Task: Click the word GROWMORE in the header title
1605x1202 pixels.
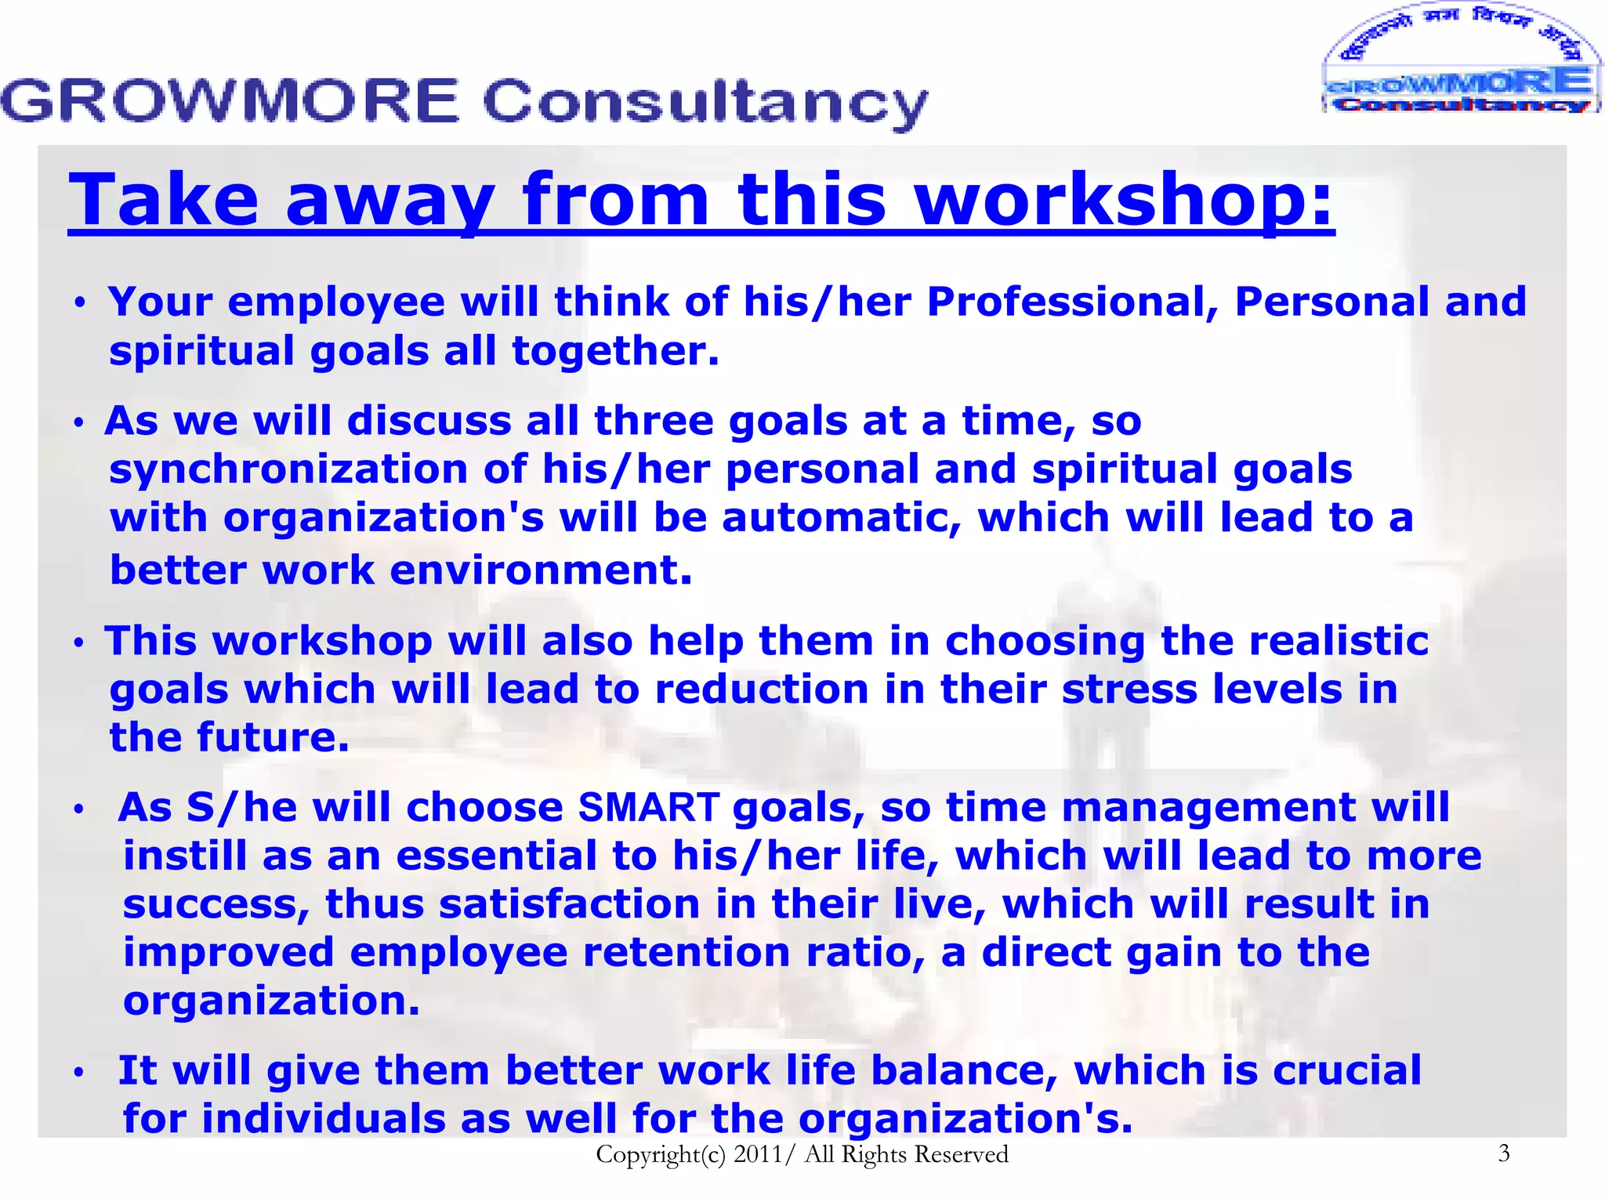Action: (x=230, y=101)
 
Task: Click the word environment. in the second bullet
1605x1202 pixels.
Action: (x=541, y=570)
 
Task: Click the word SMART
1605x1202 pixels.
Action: (x=648, y=808)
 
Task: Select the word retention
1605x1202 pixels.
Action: (x=687, y=953)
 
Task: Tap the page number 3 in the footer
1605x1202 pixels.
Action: (x=1503, y=1153)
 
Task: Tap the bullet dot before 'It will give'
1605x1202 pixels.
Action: (x=78, y=1073)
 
